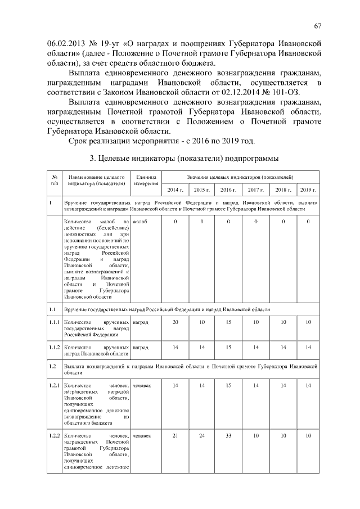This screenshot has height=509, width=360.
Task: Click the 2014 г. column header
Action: point(175,190)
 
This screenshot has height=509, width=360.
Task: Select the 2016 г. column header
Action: point(228,190)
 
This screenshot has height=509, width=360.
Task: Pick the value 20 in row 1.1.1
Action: point(175,322)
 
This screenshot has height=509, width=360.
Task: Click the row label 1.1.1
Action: point(54,322)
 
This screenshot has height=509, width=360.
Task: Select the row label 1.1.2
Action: point(54,348)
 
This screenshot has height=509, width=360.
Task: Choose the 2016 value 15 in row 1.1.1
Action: point(228,322)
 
